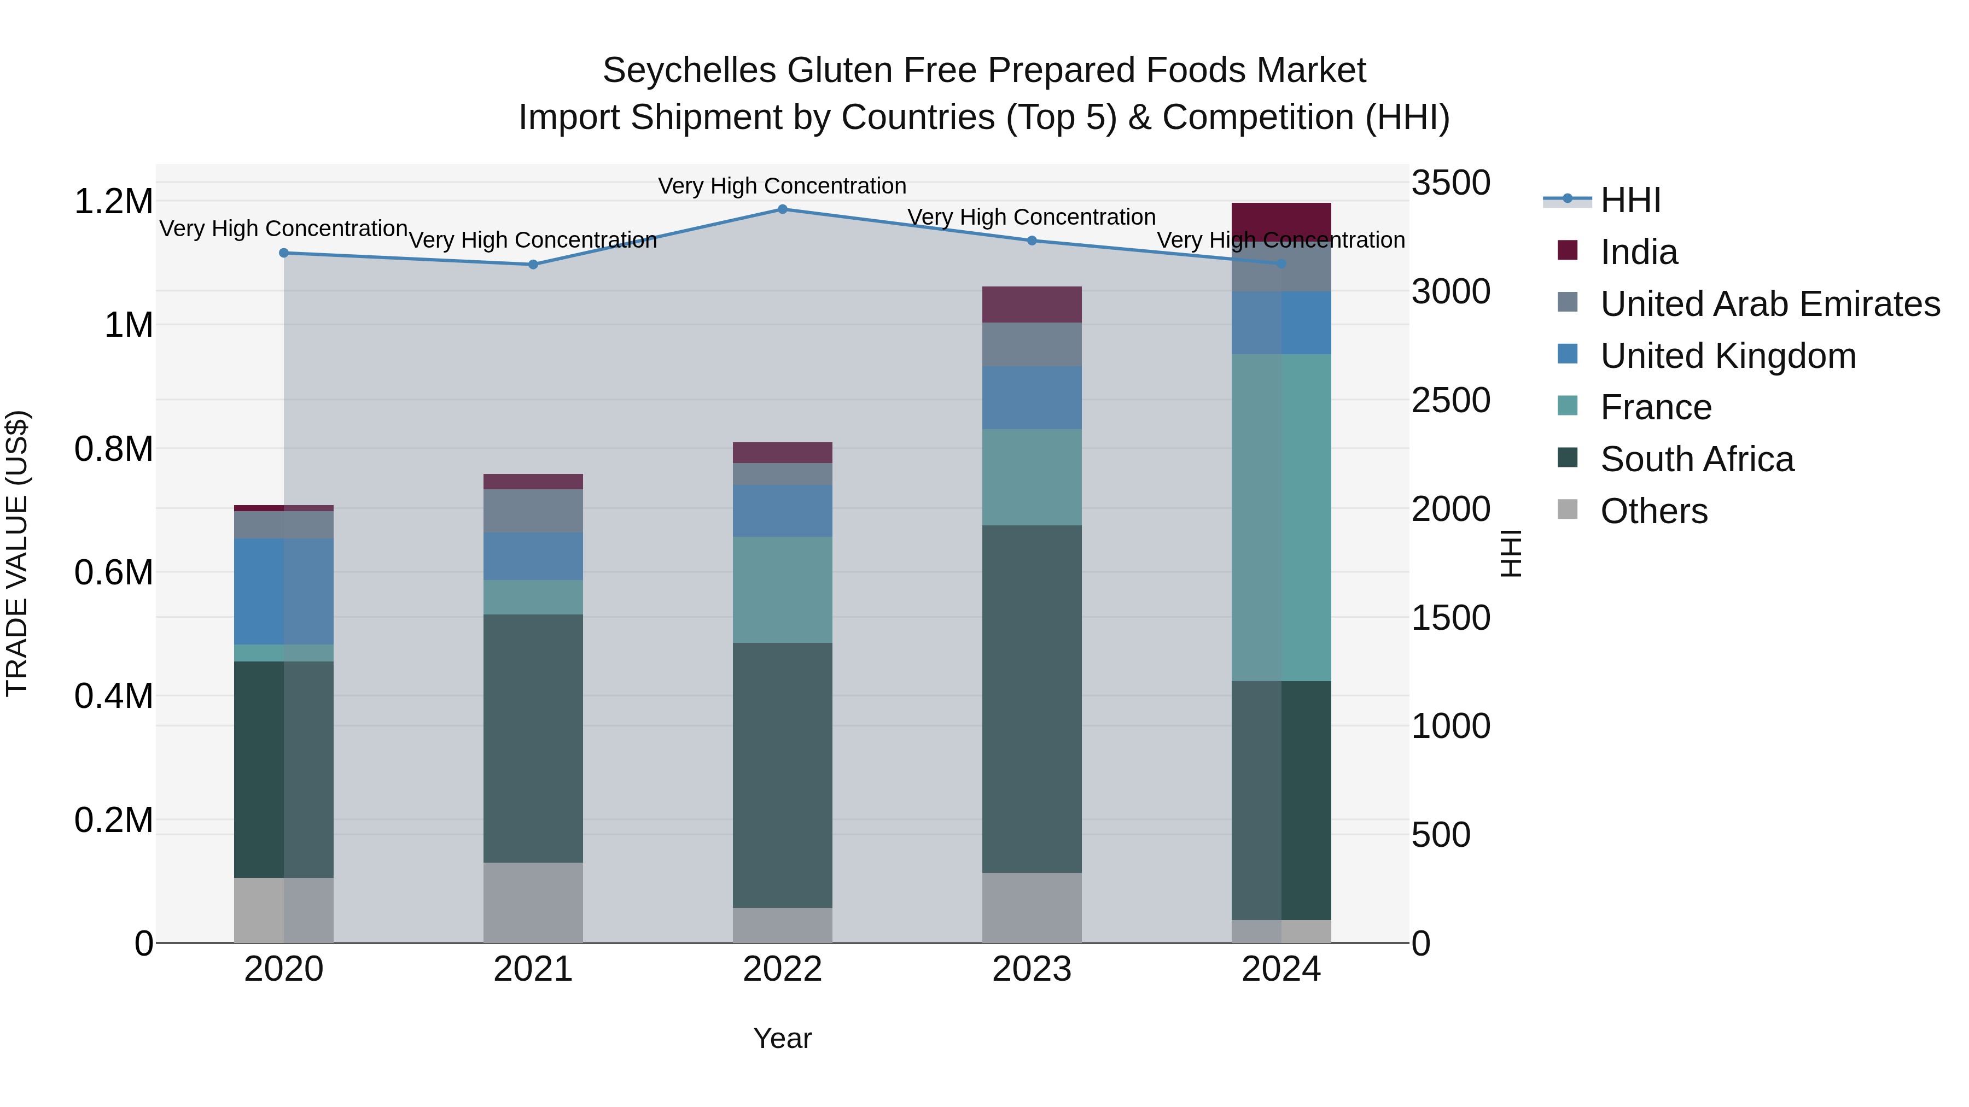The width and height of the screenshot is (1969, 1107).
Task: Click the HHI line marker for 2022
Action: click(x=782, y=209)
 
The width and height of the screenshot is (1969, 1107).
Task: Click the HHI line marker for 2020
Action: click(x=283, y=253)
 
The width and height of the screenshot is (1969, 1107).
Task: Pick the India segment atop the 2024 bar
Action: click(x=1281, y=221)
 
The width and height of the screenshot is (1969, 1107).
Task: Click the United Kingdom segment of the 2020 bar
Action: click(x=283, y=591)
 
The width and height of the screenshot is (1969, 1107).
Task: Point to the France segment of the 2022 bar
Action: click(x=782, y=590)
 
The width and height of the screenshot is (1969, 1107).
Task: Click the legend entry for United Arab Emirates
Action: click(x=1769, y=304)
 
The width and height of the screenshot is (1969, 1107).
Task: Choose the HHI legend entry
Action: click(x=1630, y=200)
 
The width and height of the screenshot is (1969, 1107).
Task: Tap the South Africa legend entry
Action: click(x=1696, y=459)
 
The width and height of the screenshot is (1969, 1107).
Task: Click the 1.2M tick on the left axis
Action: click(x=113, y=202)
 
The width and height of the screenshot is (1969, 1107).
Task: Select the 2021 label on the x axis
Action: click(x=533, y=969)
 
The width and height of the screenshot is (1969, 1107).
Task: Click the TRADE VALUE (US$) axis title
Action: click(x=18, y=553)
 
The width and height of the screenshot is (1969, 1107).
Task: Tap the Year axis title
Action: click(x=782, y=1038)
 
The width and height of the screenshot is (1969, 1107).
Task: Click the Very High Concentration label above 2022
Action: click(x=782, y=186)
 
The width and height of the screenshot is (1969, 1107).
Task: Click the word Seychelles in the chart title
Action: click(x=690, y=71)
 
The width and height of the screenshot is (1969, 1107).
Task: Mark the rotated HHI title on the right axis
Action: click(x=1511, y=553)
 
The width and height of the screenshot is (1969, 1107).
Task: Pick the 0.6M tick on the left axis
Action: click(x=113, y=572)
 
